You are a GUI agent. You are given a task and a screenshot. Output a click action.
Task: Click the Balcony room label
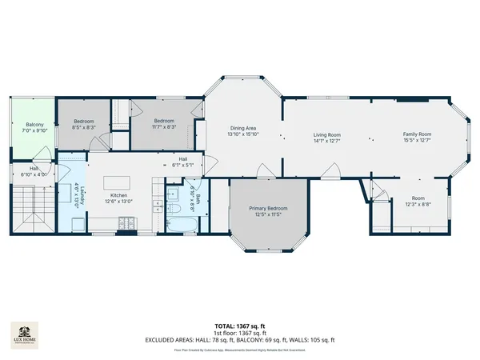point(34,125)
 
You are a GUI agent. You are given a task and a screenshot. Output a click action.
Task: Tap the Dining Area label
point(242,129)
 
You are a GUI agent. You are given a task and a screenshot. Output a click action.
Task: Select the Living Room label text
point(326,135)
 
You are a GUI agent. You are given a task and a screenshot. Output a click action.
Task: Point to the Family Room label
point(417,134)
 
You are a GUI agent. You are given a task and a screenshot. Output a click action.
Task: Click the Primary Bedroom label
point(268,208)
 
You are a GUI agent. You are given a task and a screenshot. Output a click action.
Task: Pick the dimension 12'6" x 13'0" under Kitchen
point(118,201)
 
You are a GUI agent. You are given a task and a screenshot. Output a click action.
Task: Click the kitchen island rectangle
point(119,177)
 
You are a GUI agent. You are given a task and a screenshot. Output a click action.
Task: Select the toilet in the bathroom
point(172,208)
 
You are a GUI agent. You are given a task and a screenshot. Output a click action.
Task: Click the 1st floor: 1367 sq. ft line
point(239,334)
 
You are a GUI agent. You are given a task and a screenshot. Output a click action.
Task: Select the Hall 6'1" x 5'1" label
point(183,162)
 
